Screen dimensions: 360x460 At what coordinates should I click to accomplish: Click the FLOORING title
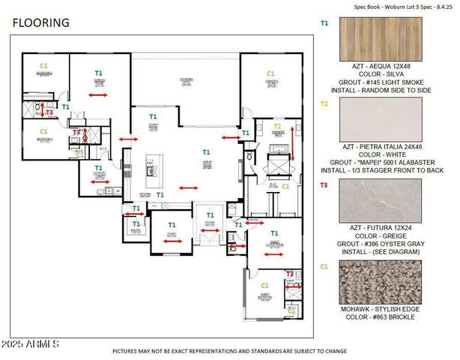click(41, 22)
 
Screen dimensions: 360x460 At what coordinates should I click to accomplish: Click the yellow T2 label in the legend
click(324, 103)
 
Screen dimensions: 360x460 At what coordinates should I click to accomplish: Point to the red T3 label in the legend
click(324, 184)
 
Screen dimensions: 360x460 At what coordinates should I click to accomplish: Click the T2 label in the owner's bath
click(277, 126)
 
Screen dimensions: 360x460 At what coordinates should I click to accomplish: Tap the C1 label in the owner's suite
click(270, 73)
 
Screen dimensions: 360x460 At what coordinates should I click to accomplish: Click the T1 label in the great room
click(207, 151)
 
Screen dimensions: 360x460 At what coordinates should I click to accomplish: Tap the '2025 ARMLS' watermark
click(34, 343)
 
